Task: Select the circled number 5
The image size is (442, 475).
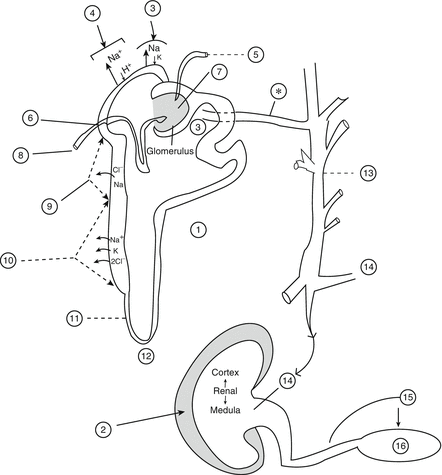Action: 256,54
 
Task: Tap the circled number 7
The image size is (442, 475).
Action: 217,73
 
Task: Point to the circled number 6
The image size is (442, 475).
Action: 30,118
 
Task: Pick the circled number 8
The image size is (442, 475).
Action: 21,155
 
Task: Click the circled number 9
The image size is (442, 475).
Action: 50,206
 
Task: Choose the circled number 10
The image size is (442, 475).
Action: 8,260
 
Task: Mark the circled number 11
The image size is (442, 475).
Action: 74,318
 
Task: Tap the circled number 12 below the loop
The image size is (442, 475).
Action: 147,356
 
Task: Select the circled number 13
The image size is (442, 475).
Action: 368,173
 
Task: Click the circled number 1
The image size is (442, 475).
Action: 198,229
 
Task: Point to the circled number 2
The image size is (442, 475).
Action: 103,430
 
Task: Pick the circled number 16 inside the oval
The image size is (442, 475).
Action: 400,445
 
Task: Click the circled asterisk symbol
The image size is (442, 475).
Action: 280,92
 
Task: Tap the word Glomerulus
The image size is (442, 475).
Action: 171,151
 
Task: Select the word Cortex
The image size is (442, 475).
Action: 225,372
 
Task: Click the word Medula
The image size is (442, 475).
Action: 225,410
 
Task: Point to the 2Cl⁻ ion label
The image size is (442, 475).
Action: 117,262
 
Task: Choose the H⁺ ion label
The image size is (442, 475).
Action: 127,70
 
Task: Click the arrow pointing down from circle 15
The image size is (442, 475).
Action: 398,416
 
